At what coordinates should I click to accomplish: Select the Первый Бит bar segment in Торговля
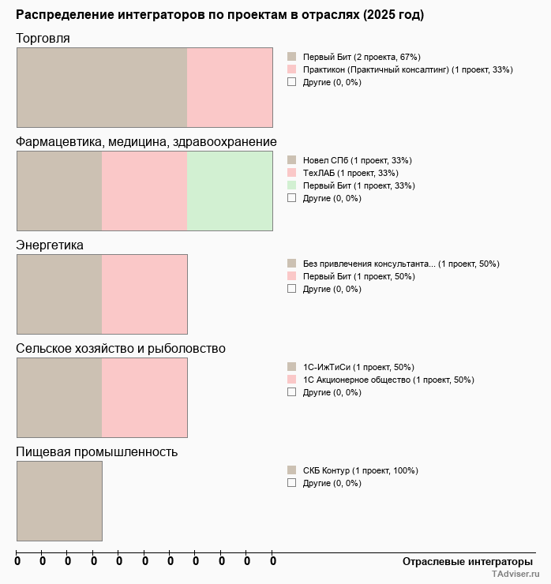[102, 88]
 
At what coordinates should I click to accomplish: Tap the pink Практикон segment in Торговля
[230, 88]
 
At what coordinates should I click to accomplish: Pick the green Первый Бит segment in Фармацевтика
[230, 191]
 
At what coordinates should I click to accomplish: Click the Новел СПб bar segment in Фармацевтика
[59, 191]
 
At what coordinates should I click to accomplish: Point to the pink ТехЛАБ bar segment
[144, 191]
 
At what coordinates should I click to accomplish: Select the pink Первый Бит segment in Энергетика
[144, 294]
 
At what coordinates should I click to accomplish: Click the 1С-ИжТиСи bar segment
[59, 398]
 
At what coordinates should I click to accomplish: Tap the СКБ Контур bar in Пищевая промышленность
[59, 501]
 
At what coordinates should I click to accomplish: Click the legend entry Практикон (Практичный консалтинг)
[407, 69]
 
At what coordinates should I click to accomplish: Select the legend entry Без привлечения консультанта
[401, 264]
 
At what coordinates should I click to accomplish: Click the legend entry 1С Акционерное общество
[388, 380]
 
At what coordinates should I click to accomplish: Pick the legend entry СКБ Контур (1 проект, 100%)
[360, 470]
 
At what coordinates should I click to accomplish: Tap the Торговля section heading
[43, 39]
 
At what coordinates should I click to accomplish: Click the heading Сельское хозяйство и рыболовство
[121, 349]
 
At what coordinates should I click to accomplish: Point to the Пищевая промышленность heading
[96, 452]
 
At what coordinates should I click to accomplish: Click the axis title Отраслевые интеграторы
[463, 561]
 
